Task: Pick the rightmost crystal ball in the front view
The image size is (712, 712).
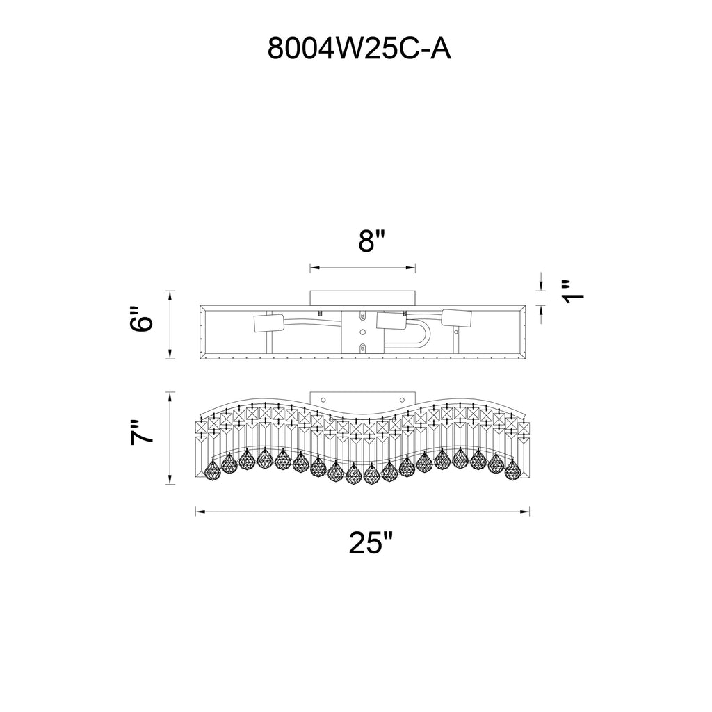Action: point(512,471)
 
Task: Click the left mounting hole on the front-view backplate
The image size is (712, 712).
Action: point(323,399)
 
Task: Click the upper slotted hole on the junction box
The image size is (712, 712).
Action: point(362,316)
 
